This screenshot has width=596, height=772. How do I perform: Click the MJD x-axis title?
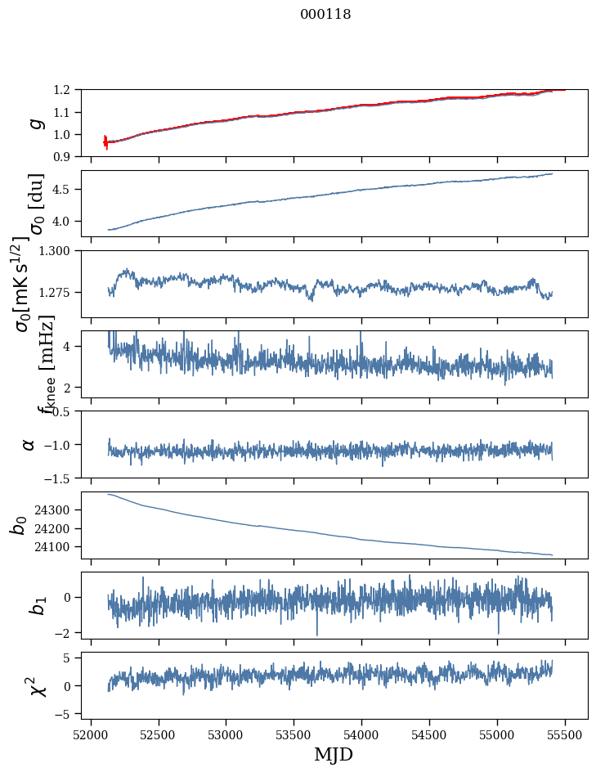tap(334, 754)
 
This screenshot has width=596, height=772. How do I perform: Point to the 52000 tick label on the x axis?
tap(91, 734)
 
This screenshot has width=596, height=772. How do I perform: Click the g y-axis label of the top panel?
tap(35, 123)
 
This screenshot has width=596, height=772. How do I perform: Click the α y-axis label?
tap(29, 444)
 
